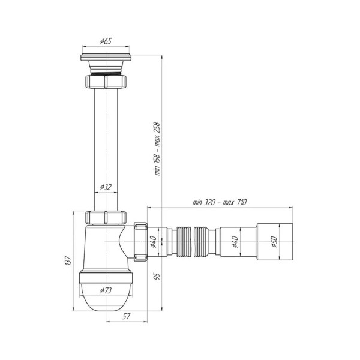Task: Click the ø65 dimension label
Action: (106, 41)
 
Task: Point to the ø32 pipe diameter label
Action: (106, 187)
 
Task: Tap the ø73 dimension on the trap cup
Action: (106, 290)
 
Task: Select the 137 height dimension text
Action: (68, 260)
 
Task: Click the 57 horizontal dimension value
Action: (126, 316)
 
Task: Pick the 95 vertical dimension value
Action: (157, 276)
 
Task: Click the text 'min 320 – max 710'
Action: (220, 203)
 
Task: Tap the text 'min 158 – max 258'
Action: (157, 149)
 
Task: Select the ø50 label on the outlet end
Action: (274, 242)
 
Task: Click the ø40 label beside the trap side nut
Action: (153, 242)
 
